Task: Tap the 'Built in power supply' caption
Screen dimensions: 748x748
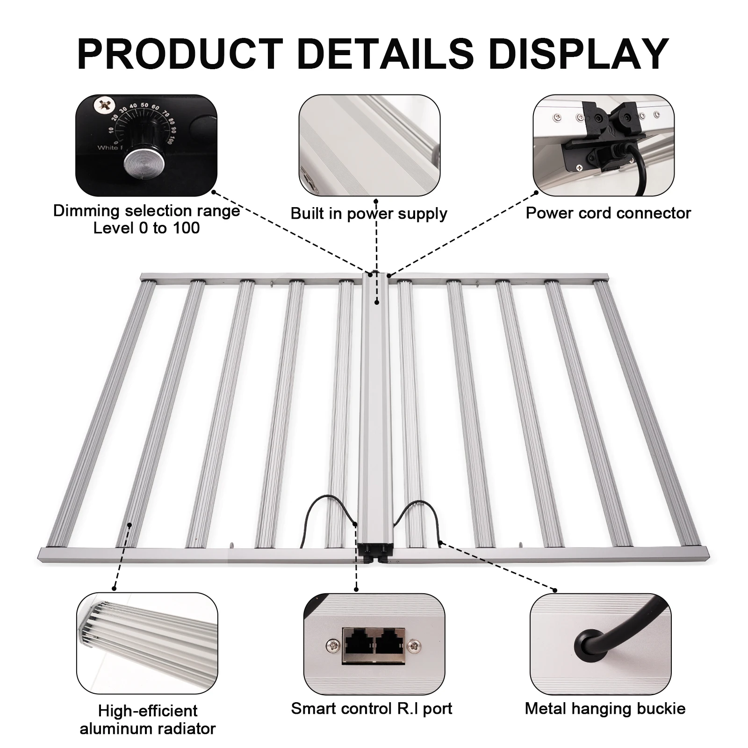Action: (x=369, y=214)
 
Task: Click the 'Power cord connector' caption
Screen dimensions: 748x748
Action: (x=608, y=213)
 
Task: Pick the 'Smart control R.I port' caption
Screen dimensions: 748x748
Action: (x=372, y=708)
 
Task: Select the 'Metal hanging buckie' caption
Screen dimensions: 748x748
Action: (x=605, y=708)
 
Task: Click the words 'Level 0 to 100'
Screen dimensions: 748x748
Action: (x=146, y=228)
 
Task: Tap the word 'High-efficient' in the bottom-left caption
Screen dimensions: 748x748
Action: (x=148, y=711)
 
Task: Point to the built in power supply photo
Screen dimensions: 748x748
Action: (x=369, y=146)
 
